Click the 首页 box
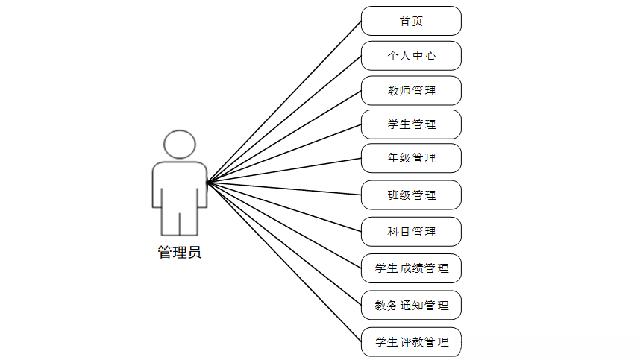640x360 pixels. pos(411,21)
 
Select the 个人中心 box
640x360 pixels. pos(411,56)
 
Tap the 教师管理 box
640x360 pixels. pos(411,91)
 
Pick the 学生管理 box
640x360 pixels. pos(411,124)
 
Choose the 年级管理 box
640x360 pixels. pos(411,158)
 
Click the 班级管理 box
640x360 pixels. pos(411,195)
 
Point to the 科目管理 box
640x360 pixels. pos(411,232)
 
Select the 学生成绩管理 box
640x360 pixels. pos(411,268)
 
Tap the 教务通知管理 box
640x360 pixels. pos(411,306)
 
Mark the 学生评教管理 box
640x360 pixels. pos(411,342)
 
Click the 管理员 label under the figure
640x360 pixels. pos(179,253)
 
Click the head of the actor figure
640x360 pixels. pos(180,144)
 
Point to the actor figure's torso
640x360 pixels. pos(179,185)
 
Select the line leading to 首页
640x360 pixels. pos(284,101)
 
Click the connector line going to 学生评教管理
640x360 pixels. pos(284,262)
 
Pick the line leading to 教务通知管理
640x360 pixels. pos(284,244)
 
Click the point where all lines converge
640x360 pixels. pos(207,182)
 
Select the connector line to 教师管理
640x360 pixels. pos(284,136)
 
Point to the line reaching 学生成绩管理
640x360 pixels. pos(284,225)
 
